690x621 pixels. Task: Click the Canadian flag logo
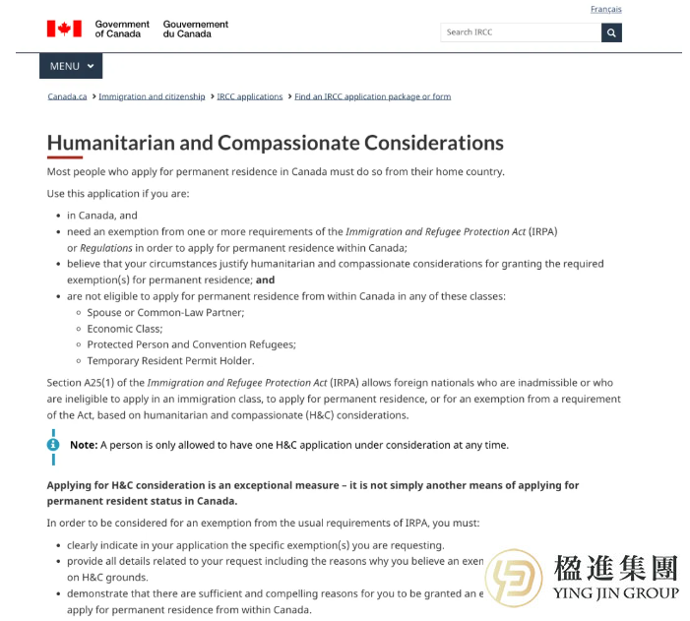pyautogui.click(x=64, y=29)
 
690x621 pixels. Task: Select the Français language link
pyautogui.click(x=605, y=10)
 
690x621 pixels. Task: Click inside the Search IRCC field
pyautogui.click(x=520, y=32)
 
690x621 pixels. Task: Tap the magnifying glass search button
pyautogui.click(x=611, y=32)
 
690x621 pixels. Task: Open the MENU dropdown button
pyautogui.click(x=71, y=66)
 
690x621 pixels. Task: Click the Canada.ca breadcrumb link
pyautogui.click(x=67, y=96)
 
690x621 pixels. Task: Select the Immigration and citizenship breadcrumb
pyautogui.click(x=152, y=96)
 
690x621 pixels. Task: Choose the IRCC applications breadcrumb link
pyautogui.click(x=249, y=96)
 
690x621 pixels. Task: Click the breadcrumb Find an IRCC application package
pyautogui.click(x=372, y=96)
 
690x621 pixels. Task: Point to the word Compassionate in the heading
pyautogui.click(x=288, y=143)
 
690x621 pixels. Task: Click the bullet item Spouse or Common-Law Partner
pyautogui.click(x=165, y=312)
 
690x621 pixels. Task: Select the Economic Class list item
pyautogui.click(x=125, y=329)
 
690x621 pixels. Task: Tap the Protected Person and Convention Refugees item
pyautogui.click(x=191, y=344)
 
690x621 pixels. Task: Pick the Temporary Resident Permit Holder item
pyautogui.click(x=170, y=360)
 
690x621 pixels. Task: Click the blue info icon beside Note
pyautogui.click(x=53, y=445)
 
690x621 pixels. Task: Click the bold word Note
pyautogui.click(x=84, y=445)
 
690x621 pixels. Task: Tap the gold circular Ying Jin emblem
pyautogui.click(x=514, y=579)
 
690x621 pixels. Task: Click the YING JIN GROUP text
pyautogui.click(x=616, y=593)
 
